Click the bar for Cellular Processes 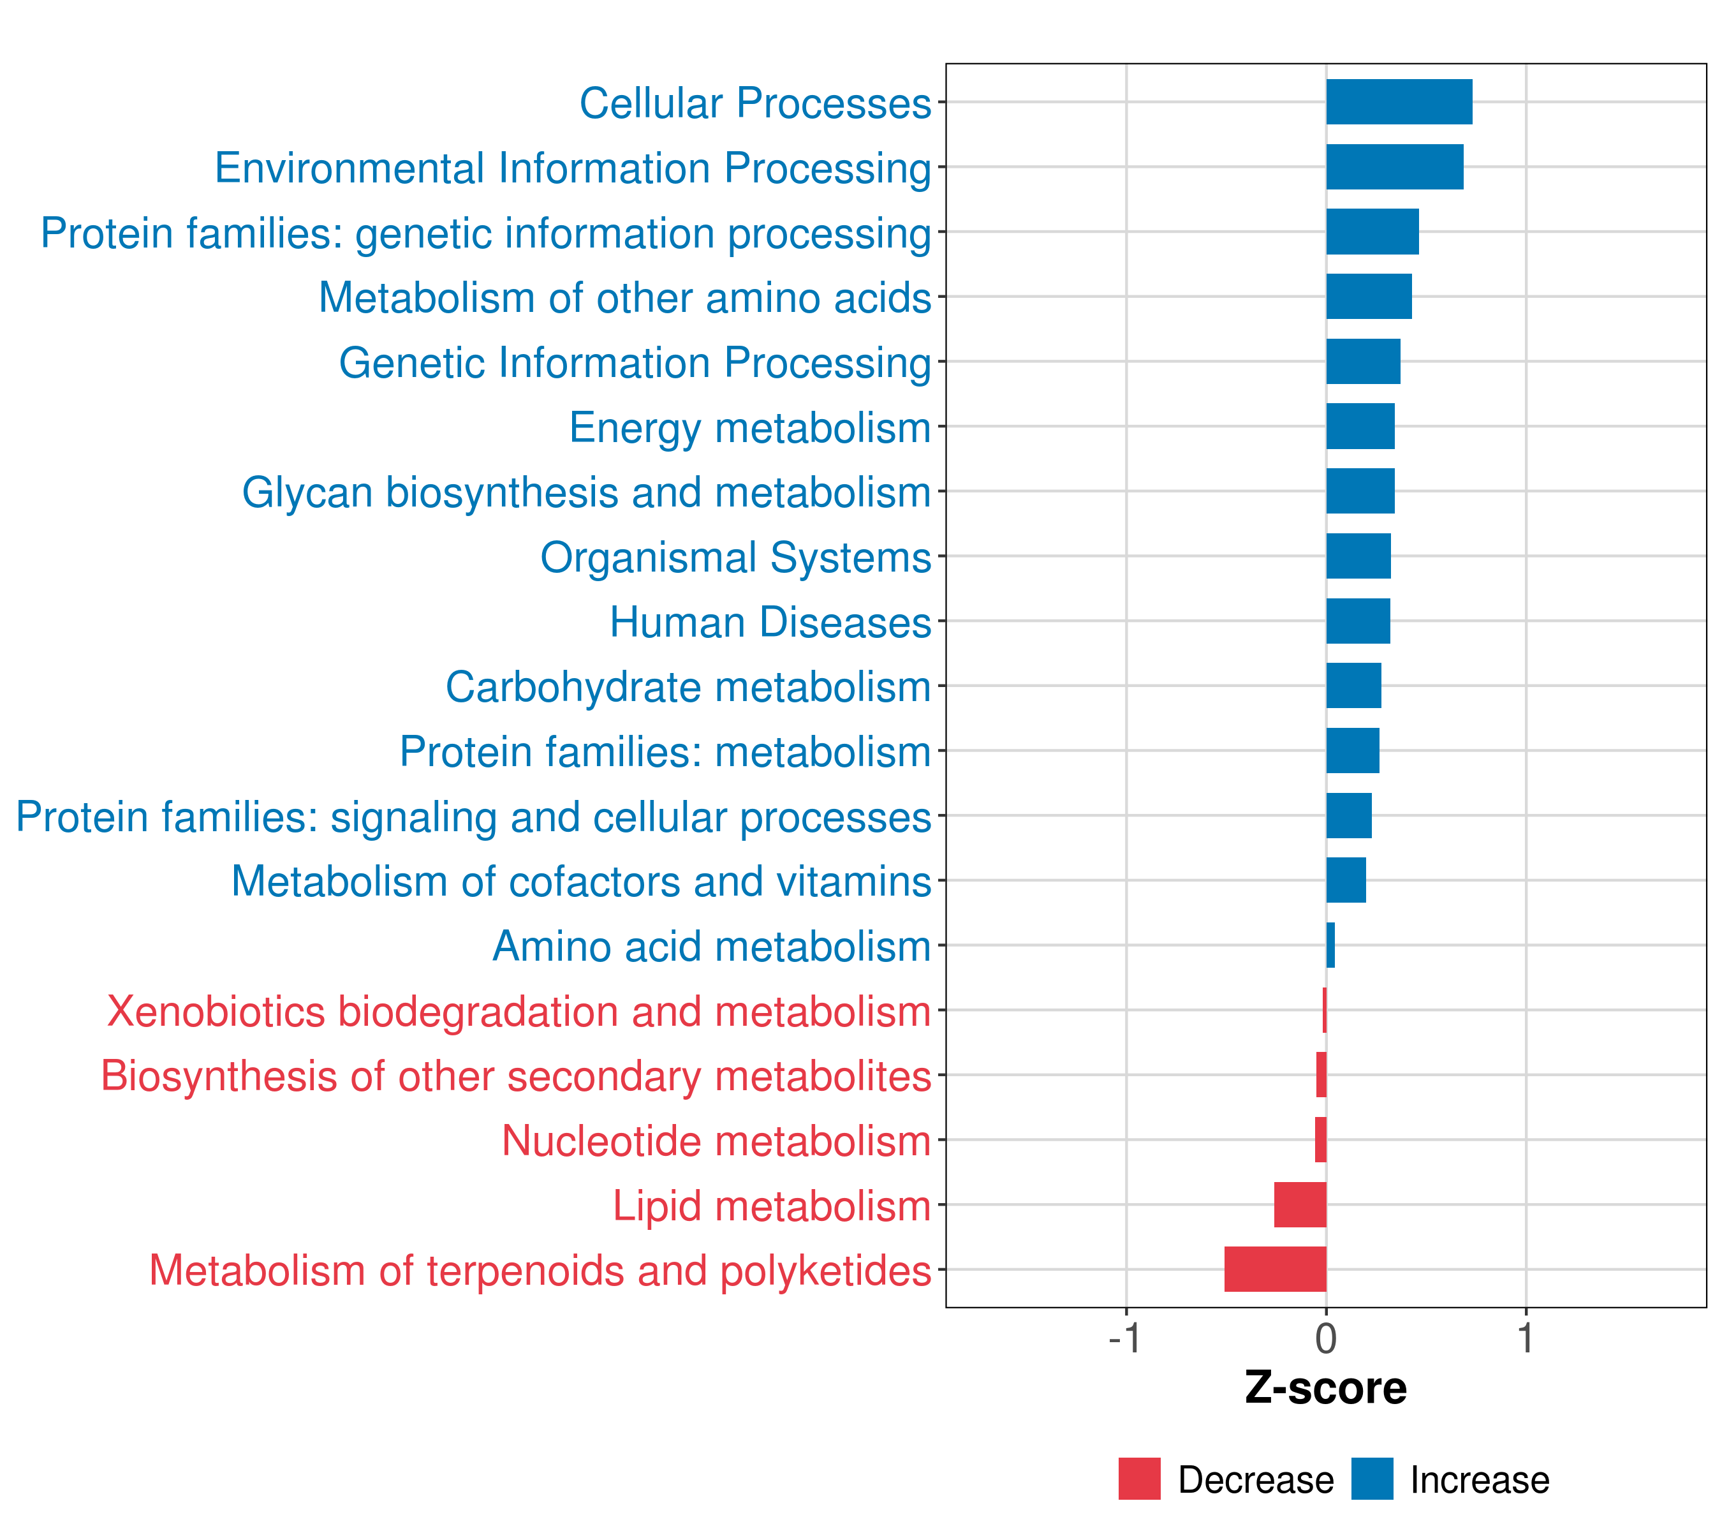[1399, 102]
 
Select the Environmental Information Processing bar [1394, 167]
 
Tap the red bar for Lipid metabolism [1300, 1204]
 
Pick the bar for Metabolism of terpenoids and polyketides [1276, 1269]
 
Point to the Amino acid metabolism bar [1331, 945]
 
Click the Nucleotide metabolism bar [1321, 1139]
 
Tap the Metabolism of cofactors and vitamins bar [1346, 880]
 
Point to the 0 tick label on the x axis [1326, 1339]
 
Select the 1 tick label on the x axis [1526, 1339]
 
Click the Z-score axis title [1326, 1389]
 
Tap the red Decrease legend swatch [1139, 1479]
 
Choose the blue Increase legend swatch [1371, 1479]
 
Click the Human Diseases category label [770, 623]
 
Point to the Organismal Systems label [735, 558]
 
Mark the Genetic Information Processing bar [1363, 362]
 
